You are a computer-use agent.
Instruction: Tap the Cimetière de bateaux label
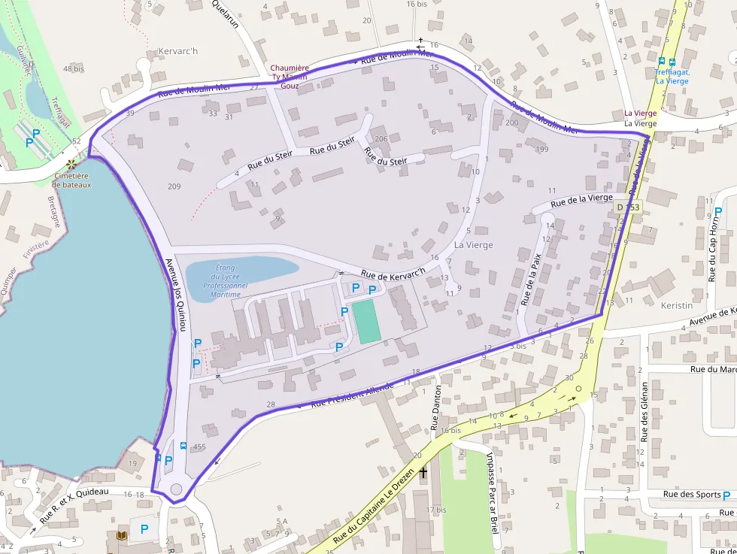[x=72, y=180]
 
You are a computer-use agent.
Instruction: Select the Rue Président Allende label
[x=352, y=396]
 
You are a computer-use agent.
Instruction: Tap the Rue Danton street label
[x=437, y=407]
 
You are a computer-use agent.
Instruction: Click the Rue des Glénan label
[x=644, y=411]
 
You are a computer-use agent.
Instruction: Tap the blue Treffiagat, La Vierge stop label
[x=671, y=77]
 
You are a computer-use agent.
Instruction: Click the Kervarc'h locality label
[x=178, y=52]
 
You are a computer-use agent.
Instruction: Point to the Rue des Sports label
[x=692, y=495]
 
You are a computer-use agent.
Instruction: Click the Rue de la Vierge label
[x=581, y=200]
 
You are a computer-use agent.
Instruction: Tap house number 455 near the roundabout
[x=199, y=447]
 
